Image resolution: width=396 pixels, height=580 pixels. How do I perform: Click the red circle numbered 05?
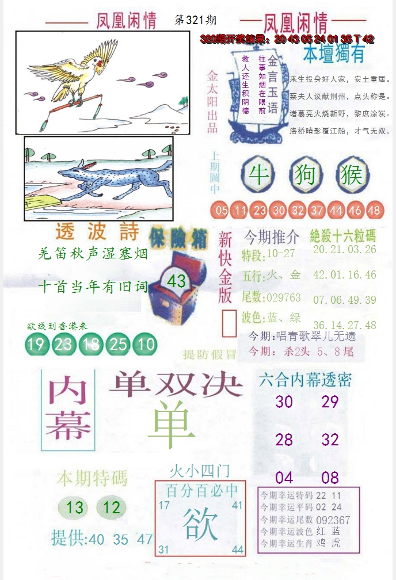click(x=222, y=211)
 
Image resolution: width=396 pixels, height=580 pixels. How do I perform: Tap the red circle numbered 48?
click(x=374, y=211)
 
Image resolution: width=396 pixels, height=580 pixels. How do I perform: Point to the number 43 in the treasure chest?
click(x=176, y=281)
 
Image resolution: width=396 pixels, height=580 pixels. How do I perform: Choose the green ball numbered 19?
click(x=36, y=345)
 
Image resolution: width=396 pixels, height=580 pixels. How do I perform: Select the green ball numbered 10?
click(x=146, y=345)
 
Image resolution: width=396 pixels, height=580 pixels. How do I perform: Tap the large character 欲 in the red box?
click(x=200, y=524)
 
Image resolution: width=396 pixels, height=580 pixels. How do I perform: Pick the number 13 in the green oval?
click(x=75, y=507)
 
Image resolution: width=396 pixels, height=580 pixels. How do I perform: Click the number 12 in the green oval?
click(x=112, y=507)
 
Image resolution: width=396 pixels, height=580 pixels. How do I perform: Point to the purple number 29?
click(x=330, y=402)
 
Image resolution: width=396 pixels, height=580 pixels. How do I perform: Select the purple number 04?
click(x=284, y=478)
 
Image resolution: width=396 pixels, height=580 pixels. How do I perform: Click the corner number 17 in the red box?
click(x=164, y=505)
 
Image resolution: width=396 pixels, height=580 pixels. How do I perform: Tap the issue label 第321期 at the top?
click(x=195, y=20)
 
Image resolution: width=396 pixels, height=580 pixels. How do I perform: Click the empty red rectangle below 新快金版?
click(x=229, y=324)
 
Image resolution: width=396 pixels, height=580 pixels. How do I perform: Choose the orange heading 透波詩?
click(x=97, y=232)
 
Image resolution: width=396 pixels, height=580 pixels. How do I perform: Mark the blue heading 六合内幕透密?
click(x=305, y=379)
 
